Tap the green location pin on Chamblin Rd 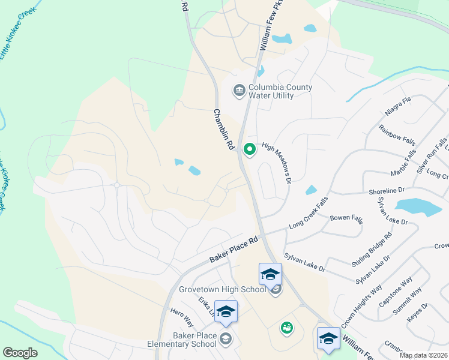(x=249, y=149)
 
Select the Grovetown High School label (x=222, y=289)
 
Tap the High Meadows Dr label (x=277, y=163)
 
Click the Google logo (x=20, y=353)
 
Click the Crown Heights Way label (x=361, y=307)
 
